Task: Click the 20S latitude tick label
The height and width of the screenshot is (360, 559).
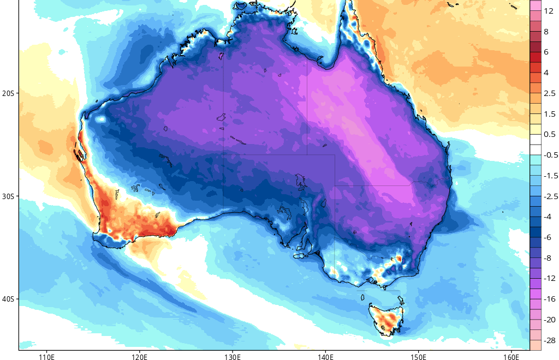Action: tap(8, 93)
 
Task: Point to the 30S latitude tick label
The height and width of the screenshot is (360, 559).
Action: tap(8, 196)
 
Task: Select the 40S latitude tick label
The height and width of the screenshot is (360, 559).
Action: tap(8, 299)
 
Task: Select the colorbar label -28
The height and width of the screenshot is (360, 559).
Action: tap(549, 340)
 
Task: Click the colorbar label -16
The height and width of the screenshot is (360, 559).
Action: tap(549, 299)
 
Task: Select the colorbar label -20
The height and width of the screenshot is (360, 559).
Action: tap(549, 320)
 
